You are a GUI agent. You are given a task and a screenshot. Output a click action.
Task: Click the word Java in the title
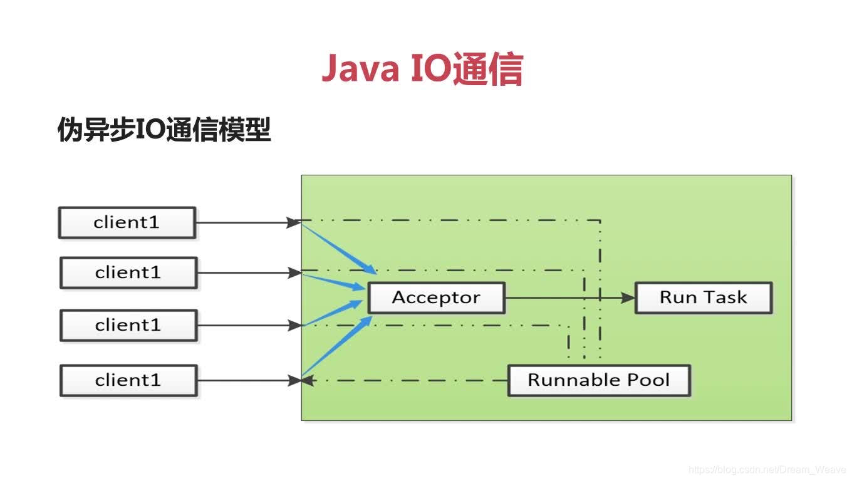coord(360,69)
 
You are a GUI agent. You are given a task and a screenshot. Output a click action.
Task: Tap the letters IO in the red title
coord(430,69)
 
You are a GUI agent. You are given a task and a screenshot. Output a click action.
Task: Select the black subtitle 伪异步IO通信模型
coord(164,130)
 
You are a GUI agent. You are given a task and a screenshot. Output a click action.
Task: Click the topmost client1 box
coord(127,222)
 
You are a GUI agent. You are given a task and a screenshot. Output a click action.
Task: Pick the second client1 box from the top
coord(128,272)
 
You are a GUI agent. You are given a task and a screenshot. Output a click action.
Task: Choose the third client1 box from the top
coord(128,325)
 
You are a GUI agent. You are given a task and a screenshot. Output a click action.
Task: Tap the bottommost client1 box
coord(128,380)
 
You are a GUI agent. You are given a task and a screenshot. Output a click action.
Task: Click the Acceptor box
coord(436,297)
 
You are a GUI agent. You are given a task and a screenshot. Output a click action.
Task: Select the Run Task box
coord(704,297)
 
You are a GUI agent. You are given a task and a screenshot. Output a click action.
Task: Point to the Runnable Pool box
coord(598,380)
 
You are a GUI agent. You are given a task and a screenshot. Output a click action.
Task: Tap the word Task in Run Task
coord(727,297)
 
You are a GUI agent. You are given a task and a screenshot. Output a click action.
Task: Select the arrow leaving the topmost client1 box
coord(244,222)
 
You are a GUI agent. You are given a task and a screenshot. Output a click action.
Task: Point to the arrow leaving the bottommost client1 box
coord(244,380)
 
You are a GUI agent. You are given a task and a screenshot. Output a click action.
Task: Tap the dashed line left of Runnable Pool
coord(407,380)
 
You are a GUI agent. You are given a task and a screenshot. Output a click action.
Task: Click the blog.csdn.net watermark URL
coord(767,470)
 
